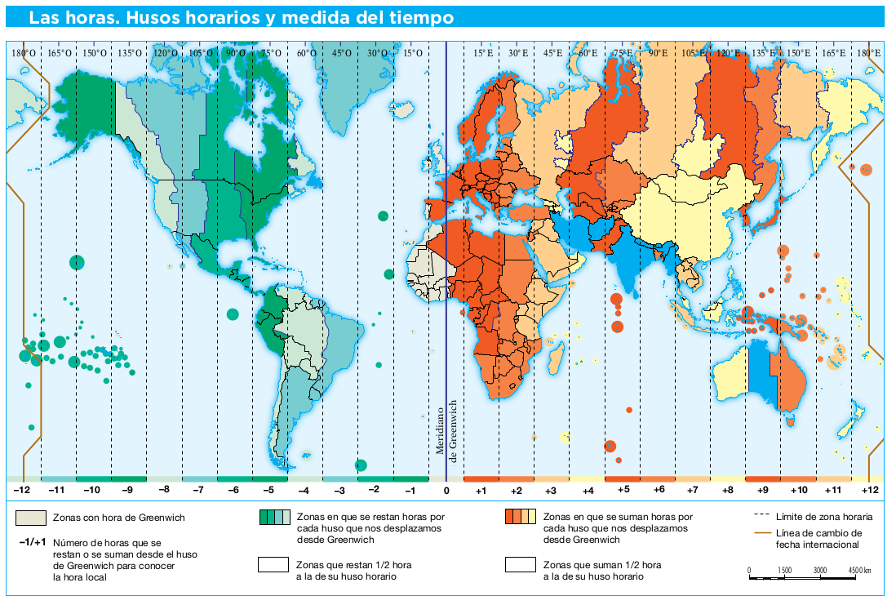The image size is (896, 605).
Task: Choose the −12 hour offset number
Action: [22, 491]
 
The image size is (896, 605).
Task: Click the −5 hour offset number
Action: [269, 491]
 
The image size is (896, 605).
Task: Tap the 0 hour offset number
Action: [446, 491]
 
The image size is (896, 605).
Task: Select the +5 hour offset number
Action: [623, 491]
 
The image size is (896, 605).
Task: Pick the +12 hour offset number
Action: [870, 491]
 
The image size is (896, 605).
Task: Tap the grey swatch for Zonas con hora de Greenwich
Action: [32, 518]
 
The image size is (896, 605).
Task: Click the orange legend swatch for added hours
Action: [520, 517]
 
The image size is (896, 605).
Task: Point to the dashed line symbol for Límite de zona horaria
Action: [763, 517]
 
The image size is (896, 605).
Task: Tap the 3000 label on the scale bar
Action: [819, 570]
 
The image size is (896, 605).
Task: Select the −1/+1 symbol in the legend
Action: [31, 541]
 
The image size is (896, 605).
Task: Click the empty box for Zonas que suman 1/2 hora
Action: [520, 564]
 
